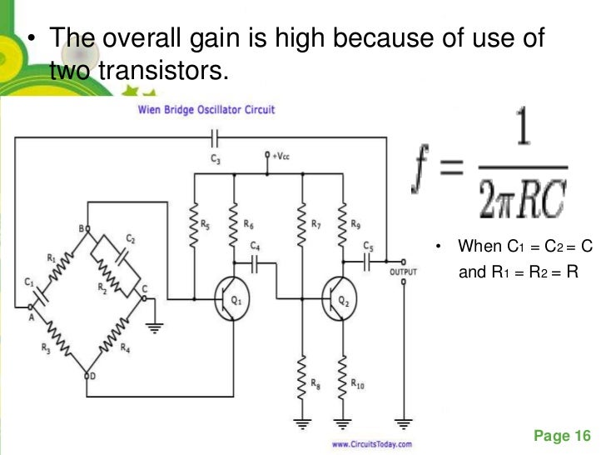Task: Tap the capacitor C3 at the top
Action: (x=215, y=137)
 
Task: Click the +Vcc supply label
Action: (x=280, y=156)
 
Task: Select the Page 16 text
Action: (x=562, y=436)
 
